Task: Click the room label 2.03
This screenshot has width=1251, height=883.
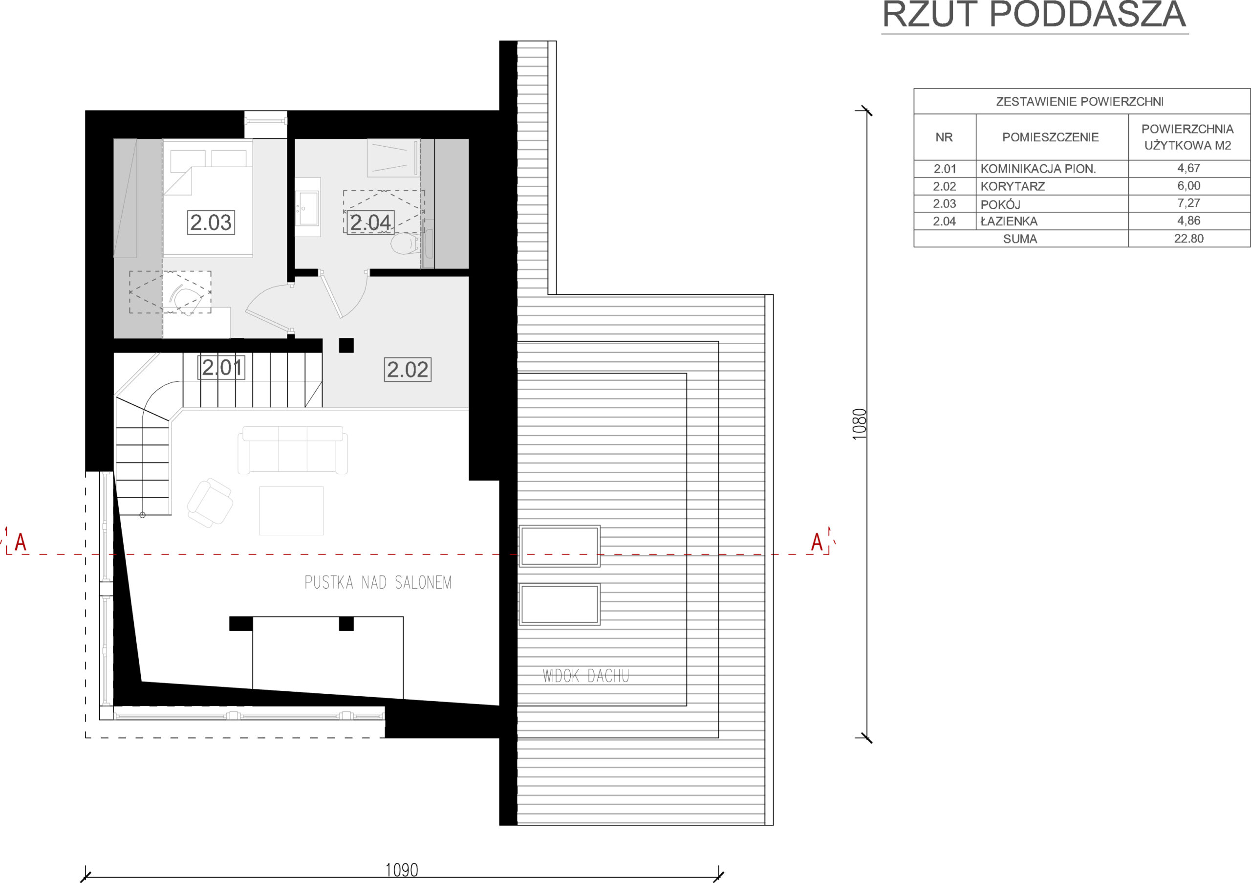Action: pos(211,222)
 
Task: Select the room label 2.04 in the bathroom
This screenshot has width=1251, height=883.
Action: pos(370,222)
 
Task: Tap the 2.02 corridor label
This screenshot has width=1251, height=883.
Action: pos(408,370)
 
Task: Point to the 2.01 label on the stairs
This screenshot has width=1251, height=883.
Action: pos(222,367)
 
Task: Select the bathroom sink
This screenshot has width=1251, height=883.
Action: pos(308,207)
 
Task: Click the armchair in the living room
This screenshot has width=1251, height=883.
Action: pos(210,503)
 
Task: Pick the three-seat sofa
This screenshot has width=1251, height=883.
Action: pos(293,450)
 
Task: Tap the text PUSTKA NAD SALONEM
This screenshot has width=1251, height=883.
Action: pos(378,583)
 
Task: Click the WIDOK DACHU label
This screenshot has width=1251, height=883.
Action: pos(586,676)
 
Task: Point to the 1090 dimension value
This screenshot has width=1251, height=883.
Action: pos(402,870)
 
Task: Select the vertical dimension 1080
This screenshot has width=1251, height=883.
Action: pos(859,423)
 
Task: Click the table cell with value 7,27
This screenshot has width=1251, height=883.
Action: pos(1188,203)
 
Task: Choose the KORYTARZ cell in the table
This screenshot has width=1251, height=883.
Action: pos(1013,186)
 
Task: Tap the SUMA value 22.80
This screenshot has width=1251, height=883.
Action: pos(1188,239)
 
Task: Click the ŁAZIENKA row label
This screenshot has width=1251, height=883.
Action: pos(1009,221)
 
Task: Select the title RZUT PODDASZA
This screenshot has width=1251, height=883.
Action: pos(1034,15)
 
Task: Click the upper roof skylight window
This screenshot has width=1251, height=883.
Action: pos(560,546)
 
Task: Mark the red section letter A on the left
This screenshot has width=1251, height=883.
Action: pos(21,542)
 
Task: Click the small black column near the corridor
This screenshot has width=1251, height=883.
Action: pos(346,346)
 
